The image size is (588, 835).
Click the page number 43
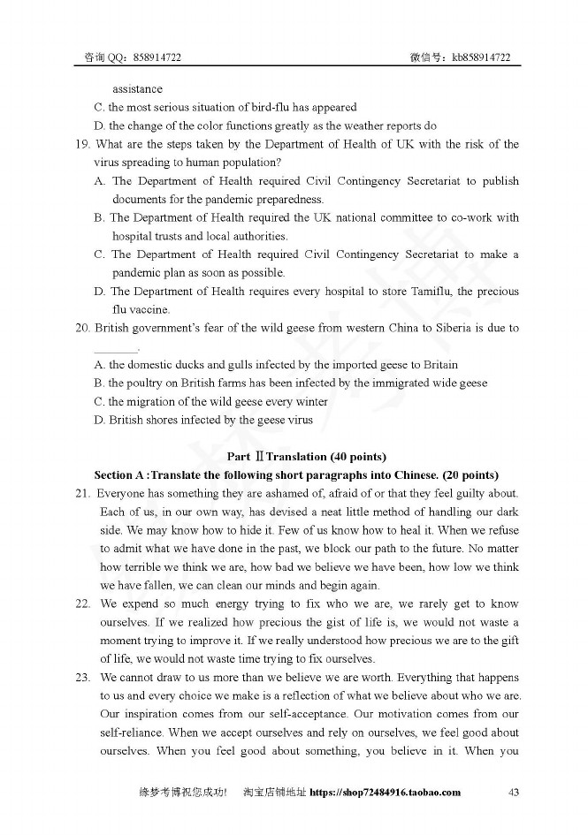pyautogui.click(x=513, y=792)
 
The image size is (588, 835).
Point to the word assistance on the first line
pyautogui.click(x=137, y=89)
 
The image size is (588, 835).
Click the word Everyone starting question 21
pyautogui.click(x=122, y=493)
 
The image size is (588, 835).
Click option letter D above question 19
pyautogui.click(x=99, y=126)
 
